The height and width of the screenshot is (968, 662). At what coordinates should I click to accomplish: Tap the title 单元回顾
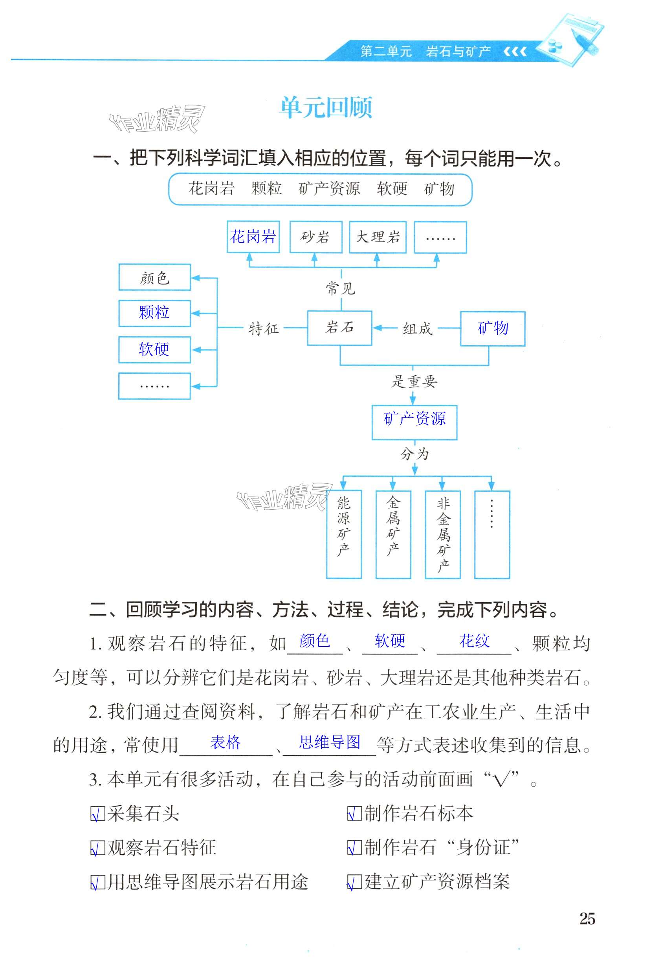(x=326, y=108)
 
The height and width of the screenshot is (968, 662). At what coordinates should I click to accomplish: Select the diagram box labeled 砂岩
(x=315, y=237)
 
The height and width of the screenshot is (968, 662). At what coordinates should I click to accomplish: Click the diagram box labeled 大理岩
(x=378, y=237)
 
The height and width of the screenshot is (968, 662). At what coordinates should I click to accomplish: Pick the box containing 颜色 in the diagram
(x=154, y=277)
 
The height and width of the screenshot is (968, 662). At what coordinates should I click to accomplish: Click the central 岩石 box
(x=339, y=328)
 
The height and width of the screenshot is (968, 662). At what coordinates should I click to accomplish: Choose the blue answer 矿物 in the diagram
(x=492, y=328)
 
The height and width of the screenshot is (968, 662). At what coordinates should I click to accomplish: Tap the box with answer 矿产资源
(x=414, y=419)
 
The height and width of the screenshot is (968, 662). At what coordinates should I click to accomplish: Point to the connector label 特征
(x=263, y=329)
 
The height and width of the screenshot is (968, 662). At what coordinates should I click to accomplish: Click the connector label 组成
(x=417, y=329)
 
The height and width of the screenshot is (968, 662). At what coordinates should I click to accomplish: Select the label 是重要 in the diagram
(x=414, y=381)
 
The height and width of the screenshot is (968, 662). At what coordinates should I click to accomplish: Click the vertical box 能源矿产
(x=344, y=534)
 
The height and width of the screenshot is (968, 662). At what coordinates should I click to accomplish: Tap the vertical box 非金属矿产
(x=442, y=534)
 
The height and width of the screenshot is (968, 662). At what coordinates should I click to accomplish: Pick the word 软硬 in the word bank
(x=392, y=189)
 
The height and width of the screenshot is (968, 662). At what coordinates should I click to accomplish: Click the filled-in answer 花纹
(x=474, y=641)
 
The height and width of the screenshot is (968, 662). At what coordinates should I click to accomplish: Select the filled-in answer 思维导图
(x=330, y=742)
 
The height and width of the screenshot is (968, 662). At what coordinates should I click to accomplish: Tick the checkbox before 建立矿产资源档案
(x=354, y=881)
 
